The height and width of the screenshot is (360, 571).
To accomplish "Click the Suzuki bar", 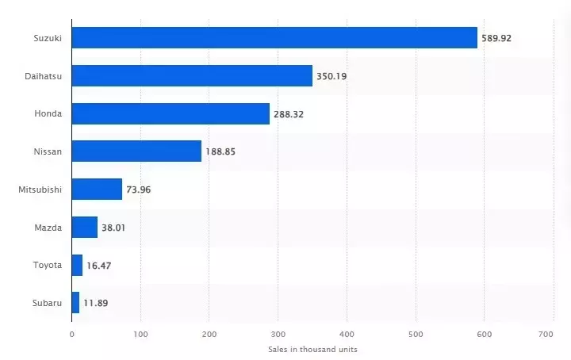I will coord(274,37).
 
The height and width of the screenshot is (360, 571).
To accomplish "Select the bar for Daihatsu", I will coord(192,75).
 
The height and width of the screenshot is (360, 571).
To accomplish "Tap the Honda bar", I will coord(171,113).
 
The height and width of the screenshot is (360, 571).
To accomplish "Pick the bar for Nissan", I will coord(136,151).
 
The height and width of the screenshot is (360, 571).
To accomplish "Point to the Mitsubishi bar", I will coord(97,189).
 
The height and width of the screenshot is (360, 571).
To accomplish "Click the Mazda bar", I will coord(85,227).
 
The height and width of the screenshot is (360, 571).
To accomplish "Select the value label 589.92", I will coord(496,38).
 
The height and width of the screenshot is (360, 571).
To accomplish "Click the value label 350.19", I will coord(331,76).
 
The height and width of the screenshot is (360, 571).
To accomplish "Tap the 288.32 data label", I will coord(289,114).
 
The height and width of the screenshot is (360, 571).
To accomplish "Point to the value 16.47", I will coord(98,266).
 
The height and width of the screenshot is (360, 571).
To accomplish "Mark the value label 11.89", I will coord(95,303).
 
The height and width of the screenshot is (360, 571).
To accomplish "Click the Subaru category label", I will coord(47,303).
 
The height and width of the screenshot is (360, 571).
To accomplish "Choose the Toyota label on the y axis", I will coord(47,265).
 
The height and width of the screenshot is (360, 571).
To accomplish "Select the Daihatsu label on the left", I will coord(44,76).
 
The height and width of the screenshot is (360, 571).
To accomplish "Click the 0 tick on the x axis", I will coord(71,335).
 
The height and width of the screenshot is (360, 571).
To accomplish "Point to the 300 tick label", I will coord(278,335).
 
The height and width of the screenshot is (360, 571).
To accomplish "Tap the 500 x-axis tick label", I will coord(415,335).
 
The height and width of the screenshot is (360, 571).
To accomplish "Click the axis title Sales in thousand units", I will coord(312,349).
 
